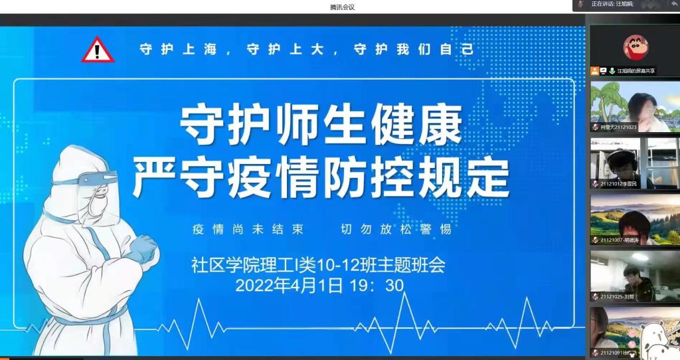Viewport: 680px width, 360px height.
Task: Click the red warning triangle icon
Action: (x=98, y=50)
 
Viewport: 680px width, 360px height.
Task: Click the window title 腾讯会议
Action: (x=343, y=7)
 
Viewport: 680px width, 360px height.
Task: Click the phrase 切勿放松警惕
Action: (x=400, y=230)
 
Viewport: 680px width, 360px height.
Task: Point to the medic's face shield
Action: (x=98, y=193)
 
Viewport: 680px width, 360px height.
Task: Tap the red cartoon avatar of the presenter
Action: (x=636, y=47)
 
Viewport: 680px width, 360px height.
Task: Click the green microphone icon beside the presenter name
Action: (x=612, y=70)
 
